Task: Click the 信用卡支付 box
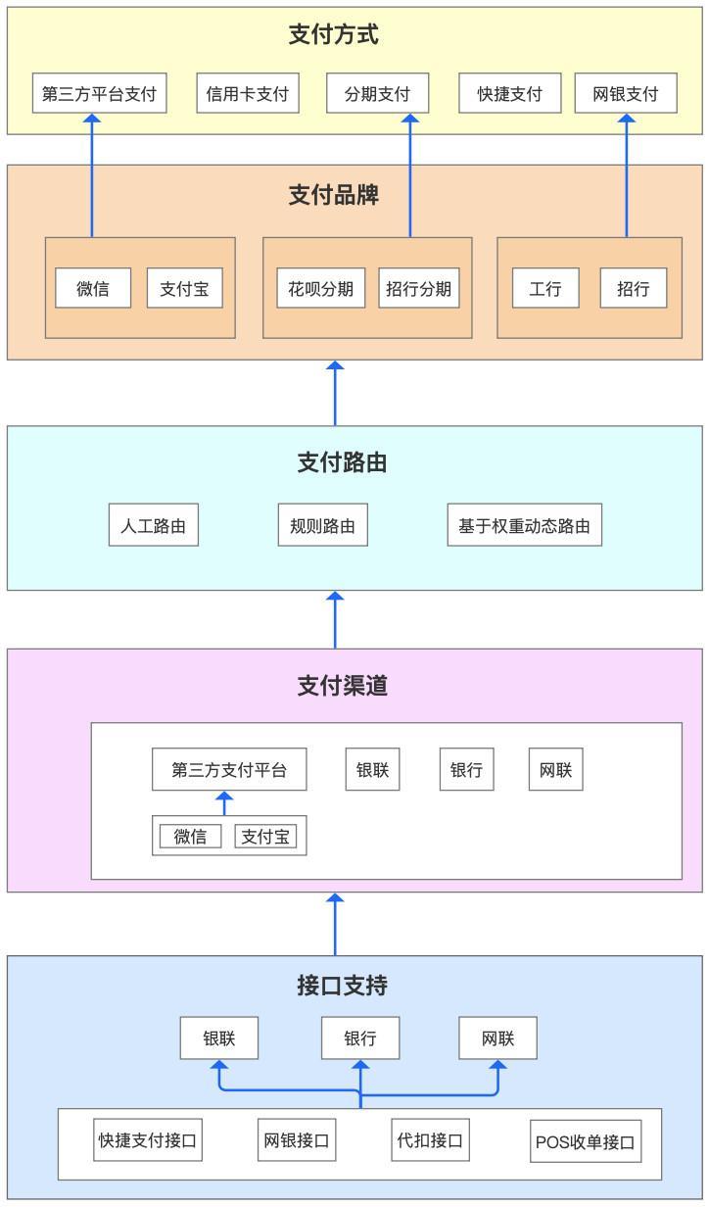[x=248, y=93]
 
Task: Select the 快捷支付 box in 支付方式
[x=509, y=93]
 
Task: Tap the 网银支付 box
[x=626, y=93]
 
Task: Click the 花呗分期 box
[x=320, y=288]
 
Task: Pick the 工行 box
[x=545, y=288]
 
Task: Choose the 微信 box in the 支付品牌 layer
[x=93, y=288]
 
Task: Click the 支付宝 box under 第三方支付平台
[x=265, y=837]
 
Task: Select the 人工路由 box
[x=154, y=525]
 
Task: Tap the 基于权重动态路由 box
[x=524, y=525]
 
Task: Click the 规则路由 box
[x=323, y=525]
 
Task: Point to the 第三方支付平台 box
[x=229, y=769]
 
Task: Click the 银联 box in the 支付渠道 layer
[x=372, y=769]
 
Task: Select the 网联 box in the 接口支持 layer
[x=497, y=1038]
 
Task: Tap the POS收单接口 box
[x=585, y=1141]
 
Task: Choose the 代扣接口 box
[x=430, y=1140]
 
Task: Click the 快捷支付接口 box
[x=148, y=1140]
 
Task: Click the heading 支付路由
[x=342, y=462]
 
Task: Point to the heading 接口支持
[x=342, y=986]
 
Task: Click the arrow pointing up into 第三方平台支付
[x=92, y=175]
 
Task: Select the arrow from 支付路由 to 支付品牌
[x=335, y=394]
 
